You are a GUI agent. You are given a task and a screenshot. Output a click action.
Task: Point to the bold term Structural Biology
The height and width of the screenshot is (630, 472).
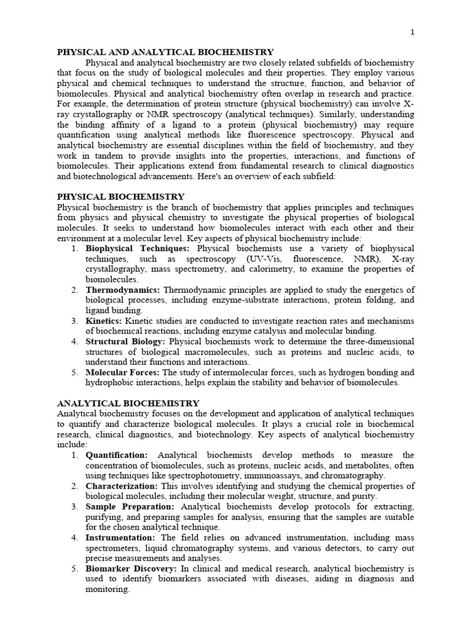click(125, 341)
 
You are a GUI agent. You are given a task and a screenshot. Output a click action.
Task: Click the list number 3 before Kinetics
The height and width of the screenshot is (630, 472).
click(74, 321)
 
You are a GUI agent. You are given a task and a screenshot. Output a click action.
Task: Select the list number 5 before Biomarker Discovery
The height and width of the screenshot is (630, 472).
click(74, 568)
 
